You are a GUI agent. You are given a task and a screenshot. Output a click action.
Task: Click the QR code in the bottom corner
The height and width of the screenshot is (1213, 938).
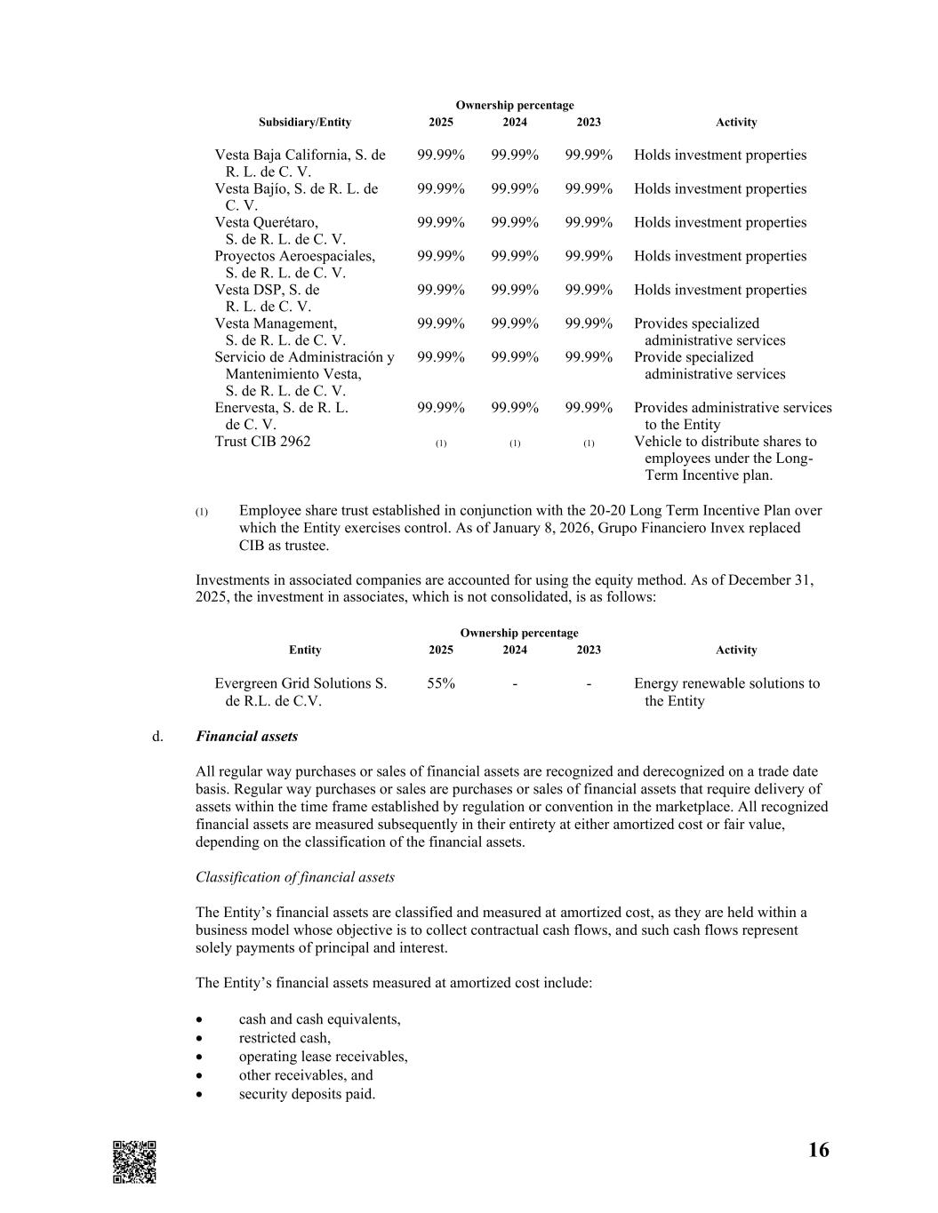134,1161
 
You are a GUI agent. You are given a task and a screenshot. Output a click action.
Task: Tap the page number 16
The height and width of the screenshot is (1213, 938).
818,1151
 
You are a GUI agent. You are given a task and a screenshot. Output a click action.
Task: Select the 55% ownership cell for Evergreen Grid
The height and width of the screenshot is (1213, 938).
441,683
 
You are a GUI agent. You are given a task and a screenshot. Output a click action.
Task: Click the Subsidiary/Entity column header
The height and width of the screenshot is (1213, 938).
305,123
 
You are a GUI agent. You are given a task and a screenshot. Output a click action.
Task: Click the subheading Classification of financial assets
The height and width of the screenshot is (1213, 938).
295,877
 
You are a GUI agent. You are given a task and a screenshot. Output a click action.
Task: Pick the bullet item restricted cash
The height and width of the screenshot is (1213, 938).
285,1038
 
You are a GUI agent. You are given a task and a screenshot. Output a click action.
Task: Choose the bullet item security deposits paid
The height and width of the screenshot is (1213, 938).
307,1094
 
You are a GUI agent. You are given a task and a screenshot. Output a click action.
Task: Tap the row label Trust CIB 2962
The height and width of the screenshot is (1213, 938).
262,442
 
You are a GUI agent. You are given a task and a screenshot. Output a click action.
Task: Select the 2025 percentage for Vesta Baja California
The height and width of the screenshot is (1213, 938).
441,155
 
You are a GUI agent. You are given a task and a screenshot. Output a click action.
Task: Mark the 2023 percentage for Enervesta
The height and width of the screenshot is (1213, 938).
589,408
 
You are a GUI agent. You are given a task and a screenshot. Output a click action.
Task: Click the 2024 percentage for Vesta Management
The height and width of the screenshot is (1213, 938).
515,323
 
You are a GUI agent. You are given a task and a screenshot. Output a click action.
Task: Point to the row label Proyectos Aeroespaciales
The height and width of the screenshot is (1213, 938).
294,256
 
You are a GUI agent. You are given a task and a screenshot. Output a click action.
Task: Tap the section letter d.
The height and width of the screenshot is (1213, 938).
157,737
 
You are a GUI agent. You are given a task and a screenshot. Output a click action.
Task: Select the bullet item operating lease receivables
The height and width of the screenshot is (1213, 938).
323,1057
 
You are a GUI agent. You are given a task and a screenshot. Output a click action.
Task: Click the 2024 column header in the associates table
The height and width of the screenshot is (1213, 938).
515,650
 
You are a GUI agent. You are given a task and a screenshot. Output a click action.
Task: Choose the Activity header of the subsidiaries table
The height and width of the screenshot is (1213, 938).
736,123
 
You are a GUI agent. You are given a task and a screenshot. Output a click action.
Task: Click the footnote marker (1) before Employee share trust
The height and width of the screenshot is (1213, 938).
202,512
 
